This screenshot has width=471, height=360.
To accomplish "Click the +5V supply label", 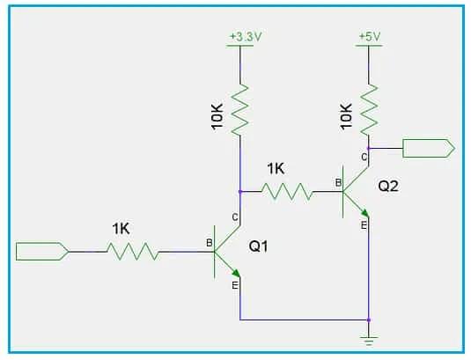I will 369,37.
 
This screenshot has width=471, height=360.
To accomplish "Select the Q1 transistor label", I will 258,247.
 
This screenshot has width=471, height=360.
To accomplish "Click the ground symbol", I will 369,335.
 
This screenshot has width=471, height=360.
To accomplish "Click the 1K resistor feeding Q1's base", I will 133,253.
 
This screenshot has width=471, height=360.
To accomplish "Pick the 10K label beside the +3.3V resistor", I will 218,114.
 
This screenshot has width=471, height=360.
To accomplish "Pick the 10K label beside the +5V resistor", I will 347,114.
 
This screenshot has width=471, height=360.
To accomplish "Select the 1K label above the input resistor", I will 121,228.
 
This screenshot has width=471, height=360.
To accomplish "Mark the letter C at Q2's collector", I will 363,157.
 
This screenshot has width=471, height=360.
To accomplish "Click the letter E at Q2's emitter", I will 363,225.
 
